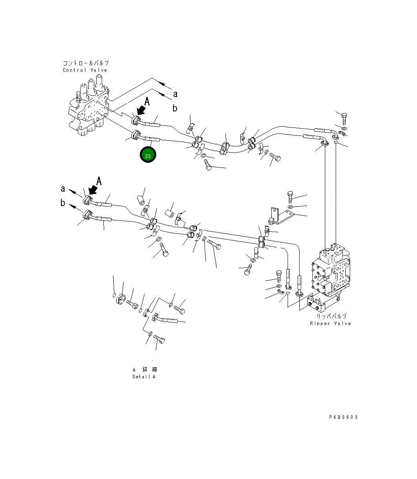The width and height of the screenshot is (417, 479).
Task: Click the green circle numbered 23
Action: (148, 156)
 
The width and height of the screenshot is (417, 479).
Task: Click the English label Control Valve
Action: (85, 70)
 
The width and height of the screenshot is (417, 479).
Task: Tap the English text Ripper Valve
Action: (330, 323)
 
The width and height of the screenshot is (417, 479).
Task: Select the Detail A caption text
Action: (144, 377)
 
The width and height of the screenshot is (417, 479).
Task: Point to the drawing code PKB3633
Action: (343, 417)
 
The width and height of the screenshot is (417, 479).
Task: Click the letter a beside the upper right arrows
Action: (175, 94)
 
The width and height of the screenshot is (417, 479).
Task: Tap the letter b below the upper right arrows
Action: (175, 108)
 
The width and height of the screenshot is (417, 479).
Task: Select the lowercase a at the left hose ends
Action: (63, 188)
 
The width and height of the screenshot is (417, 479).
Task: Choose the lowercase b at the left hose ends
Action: (63, 203)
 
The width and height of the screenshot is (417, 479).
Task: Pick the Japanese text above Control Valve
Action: (85, 63)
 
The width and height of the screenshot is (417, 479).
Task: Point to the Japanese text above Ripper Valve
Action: (331, 316)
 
